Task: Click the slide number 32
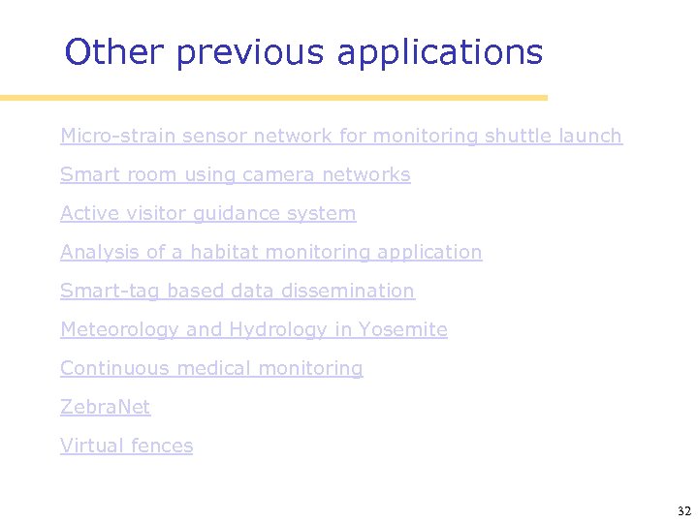(683, 510)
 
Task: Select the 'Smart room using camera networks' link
(235, 175)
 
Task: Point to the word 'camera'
(279, 175)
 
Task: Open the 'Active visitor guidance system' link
(207, 214)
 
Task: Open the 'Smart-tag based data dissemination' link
(237, 292)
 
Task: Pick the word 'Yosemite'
(402, 330)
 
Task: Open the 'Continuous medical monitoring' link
(211, 369)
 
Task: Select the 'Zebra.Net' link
(105, 408)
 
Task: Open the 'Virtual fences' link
(126, 446)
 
